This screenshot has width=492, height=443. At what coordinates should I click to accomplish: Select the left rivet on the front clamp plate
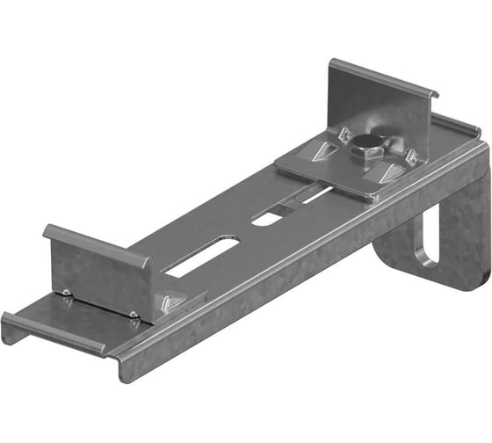67,293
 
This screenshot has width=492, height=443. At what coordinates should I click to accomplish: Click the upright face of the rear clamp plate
378,114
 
